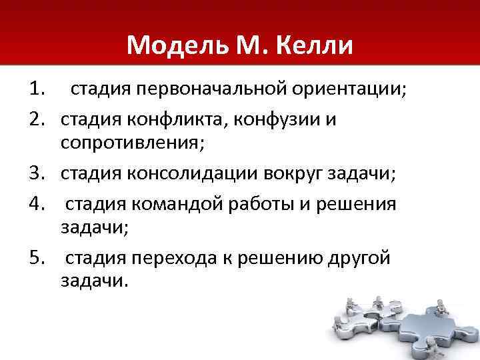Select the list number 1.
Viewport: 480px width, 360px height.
point(36,88)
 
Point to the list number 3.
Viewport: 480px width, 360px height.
point(36,174)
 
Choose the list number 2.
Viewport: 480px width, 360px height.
point(36,119)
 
